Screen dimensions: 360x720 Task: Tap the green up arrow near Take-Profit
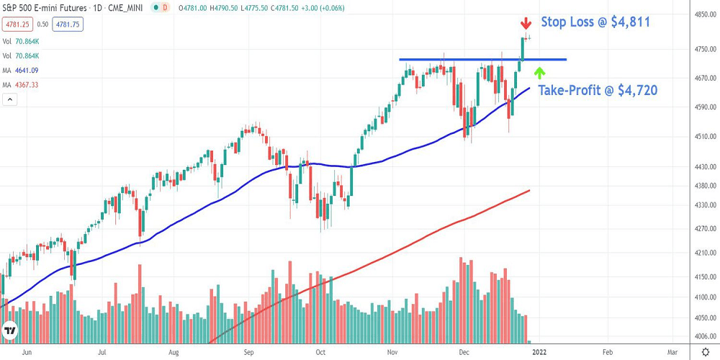pyautogui.click(x=539, y=72)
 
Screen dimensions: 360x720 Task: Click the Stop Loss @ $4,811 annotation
pyautogui.click(x=595, y=22)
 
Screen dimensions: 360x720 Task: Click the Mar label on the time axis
pyautogui.click(x=672, y=353)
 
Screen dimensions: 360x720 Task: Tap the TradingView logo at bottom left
pyautogui.click(x=11, y=332)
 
